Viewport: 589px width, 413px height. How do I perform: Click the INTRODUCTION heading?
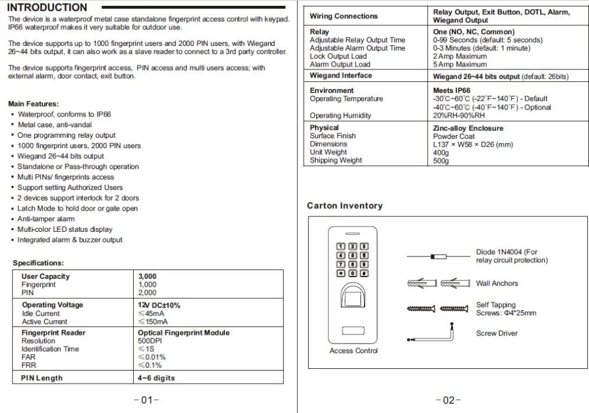(47, 8)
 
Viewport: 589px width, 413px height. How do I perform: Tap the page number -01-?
(147, 400)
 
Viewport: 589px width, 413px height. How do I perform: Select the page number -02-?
(448, 400)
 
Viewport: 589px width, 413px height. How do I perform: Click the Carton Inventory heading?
(345, 206)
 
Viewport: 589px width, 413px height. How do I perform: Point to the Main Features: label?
(34, 104)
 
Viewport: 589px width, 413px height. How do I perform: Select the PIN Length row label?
(42, 378)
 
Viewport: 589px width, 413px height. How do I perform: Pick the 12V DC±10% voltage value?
(159, 305)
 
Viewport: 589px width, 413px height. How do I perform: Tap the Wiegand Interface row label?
(340, 76)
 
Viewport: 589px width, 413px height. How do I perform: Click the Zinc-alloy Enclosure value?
(468, 128)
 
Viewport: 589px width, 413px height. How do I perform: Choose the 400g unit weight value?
(441, 152)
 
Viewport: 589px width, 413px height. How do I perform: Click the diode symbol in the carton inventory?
(436, 257)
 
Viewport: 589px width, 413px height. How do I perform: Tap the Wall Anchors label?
(497, 284)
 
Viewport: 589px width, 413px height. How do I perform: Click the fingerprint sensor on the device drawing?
(353, 294)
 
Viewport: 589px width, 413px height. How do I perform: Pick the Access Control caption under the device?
(353, 351)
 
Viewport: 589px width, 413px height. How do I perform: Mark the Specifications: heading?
(38, 263)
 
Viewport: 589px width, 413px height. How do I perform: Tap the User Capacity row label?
(45, 277)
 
